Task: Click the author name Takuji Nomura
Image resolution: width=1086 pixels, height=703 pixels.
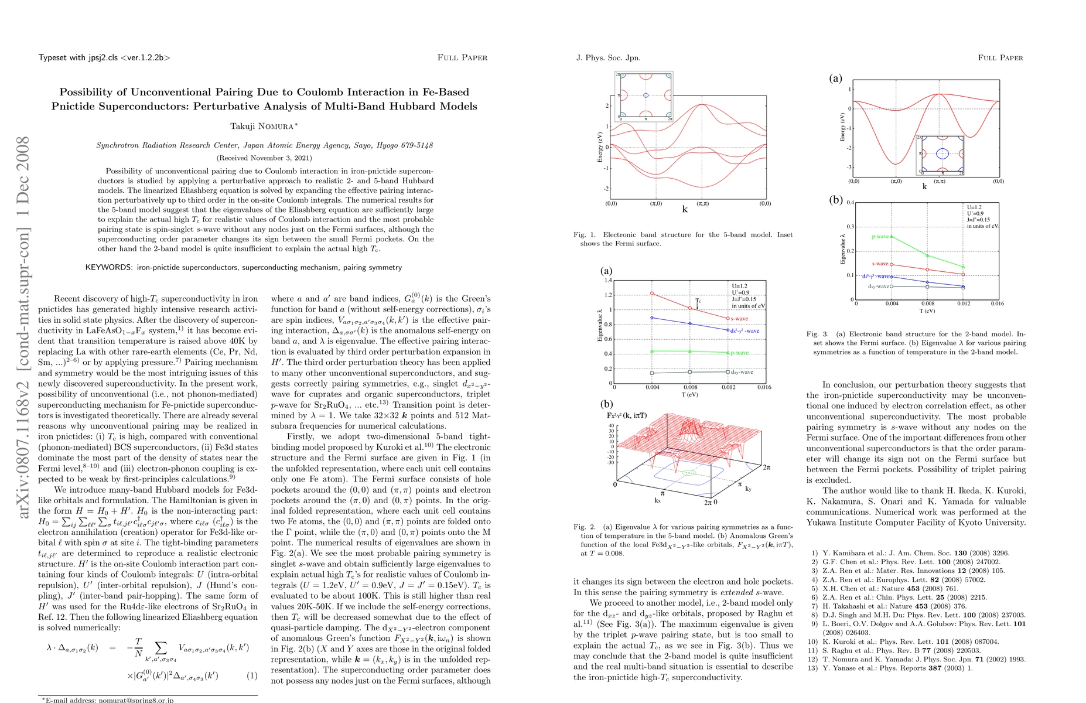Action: pyautogui.click(x=264, y=126)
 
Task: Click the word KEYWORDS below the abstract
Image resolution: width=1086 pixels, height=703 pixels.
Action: pyautogui.click(x=109, y=268)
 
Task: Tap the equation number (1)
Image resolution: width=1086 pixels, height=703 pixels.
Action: pyautogui.click(x=251, y=675)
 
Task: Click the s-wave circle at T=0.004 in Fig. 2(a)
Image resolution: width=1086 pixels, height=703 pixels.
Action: pyautogui.click(x=652, y=294)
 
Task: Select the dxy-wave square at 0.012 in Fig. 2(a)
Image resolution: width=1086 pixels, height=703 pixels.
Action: pyautogui.click(x=728, y=372)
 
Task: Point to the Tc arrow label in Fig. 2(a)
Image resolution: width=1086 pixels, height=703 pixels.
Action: pyautogui.click(x=698, y=301)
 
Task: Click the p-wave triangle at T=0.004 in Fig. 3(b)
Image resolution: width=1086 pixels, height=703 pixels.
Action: pyautogui.click(x=892, y=237)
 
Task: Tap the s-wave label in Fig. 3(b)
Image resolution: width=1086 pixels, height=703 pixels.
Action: pyautogui.click(x=880, y=264)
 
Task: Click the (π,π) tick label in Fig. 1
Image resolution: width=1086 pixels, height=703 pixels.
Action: pyautogui.click(x=702, y=204)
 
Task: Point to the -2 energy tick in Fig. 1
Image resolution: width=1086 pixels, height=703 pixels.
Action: pyautogui.click(x=607, y=189)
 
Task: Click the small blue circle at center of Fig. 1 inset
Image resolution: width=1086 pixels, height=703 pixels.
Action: pyautogui.click(x=646, y=95)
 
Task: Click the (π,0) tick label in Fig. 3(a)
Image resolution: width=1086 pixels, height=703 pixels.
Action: pyautogui.click(x=896, y=182)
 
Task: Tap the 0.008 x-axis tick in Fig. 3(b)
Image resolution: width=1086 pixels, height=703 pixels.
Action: pyautogui.click(x=927, y=304)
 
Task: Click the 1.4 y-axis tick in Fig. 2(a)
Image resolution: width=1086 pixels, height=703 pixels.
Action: pyautogui.click(x=607, y=281)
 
